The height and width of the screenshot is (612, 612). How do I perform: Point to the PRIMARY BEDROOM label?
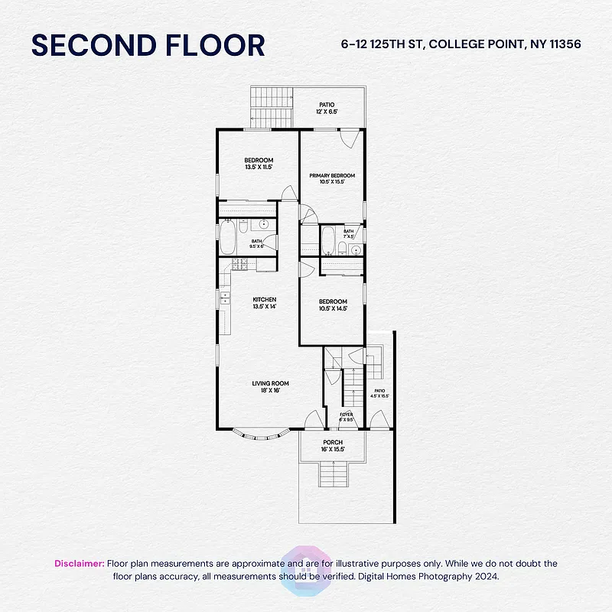click(x=332, y=176)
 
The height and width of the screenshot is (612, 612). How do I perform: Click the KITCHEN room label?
click(x=265, y=299)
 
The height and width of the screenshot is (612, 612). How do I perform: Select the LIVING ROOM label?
click(x=271, y=383)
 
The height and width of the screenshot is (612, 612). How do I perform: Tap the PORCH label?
click(x=333, y=442)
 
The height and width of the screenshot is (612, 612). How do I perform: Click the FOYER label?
click(x=346, y=415)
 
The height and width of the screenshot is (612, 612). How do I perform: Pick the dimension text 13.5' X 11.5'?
click(x=259, y=167)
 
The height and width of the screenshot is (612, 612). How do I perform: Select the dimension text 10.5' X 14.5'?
click(x=333, y=308)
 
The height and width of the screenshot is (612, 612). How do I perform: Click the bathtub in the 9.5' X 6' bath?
click(x=227, y=237)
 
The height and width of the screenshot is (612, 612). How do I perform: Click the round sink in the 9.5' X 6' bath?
click(x=263, y=225)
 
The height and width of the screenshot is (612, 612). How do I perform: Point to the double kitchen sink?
click(x=225, y=298)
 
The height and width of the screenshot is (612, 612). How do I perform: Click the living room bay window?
click(x=260, y=435)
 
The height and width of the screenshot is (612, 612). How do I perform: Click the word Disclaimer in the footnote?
click(x=79, y=563)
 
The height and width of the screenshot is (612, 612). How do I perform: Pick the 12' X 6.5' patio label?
click(x=327, y=108)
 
